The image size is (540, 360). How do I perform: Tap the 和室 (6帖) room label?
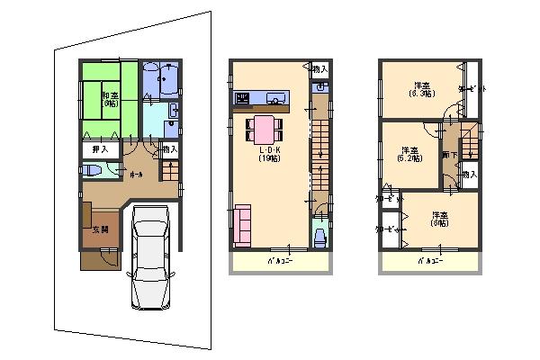click(110, 99)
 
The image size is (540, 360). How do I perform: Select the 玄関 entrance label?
click(100, 229)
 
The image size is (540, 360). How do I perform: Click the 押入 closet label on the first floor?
click(101, 149)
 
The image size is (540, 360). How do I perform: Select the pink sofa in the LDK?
click(242, 225)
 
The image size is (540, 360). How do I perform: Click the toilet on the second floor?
click(319, 237)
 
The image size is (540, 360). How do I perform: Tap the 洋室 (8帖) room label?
click(439, 220)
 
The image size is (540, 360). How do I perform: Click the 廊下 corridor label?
click(447, 154)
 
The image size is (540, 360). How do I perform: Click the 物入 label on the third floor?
click(469, 174)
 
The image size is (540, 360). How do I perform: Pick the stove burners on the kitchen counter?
click(242, 97)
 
